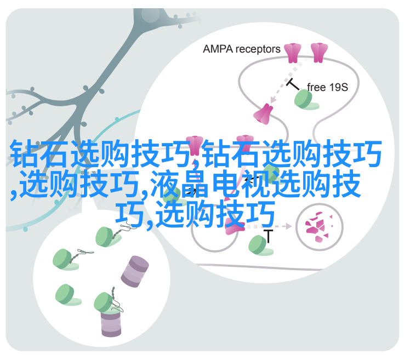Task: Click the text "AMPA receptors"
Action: [241, 49]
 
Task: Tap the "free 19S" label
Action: [327, 87]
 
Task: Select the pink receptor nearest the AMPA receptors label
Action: [292, 53]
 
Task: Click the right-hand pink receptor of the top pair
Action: [319, 53]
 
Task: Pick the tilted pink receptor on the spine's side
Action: [263, 114]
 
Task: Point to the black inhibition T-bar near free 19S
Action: [293, 84]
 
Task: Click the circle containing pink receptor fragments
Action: [319, 227]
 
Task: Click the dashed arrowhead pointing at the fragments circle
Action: [288, 226]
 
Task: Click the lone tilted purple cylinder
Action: [135, 272]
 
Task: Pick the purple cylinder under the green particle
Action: [111, 323]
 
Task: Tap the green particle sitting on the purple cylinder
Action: [105, 302]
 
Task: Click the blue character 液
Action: [165, 184]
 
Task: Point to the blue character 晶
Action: [195, 184]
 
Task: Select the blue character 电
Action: [225, 184]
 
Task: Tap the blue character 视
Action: [255, 184]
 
